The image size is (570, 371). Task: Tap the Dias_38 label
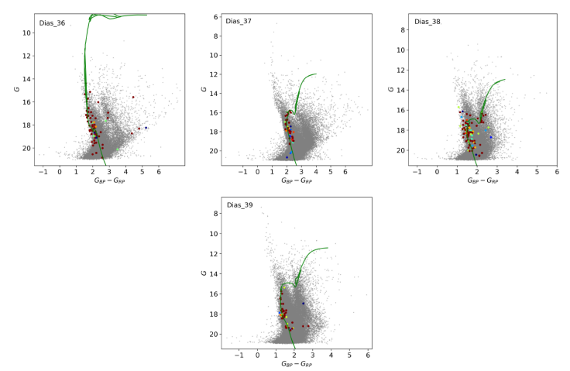click(x=427, y=21)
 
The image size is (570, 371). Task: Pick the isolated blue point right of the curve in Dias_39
click(x=304, y=303)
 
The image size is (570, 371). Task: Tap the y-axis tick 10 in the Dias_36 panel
click(x=26, y=33)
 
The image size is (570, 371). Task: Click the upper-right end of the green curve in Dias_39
click(x=328, y=248)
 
